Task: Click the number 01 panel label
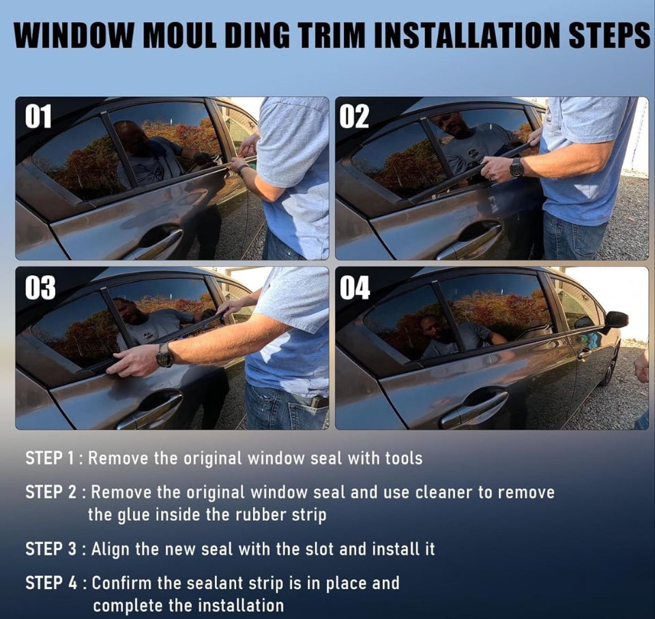pos(38,116)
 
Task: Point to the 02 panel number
pos(354,116)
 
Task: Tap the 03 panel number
pos(40,288)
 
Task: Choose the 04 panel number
pos(355,288)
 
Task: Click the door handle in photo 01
pos(159,241)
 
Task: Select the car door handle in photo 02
pos(471,241)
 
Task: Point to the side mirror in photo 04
pos(614,319)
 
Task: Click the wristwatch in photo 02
pos(516,168)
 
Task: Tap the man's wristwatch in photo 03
pos(165,356)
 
